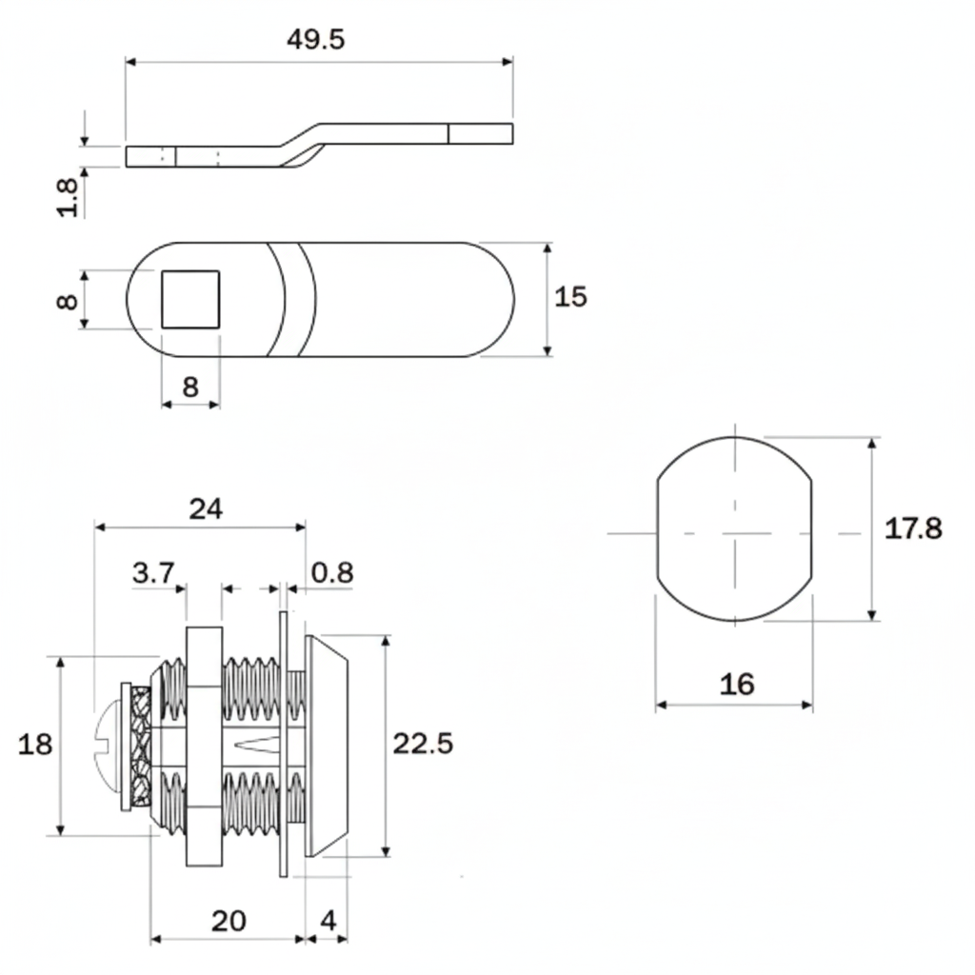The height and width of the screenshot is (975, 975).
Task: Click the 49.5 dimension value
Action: [x=315, y=40]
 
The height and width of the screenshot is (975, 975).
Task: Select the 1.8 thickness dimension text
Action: [x=68, y=195]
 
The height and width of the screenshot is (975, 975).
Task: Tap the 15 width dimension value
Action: [x=570, y=297]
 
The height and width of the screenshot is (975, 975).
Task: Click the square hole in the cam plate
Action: [x=190, y=299]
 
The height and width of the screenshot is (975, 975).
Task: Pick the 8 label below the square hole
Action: [x=190, y=387]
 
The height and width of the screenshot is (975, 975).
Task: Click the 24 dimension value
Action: [x=205, y=508]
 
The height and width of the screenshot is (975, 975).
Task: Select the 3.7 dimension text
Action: [x=153, y=573]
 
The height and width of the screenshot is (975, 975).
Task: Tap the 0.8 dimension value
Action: [x=332, y=573]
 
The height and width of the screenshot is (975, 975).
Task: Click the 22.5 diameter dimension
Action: [x=423, y=744]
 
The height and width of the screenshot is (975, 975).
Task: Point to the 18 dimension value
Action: [x=35, y=744]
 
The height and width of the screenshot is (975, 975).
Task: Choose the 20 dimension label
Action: [x=229, y=921]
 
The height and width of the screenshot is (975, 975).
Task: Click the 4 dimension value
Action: [x=328, y=921]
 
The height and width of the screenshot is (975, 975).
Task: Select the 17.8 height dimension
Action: [x=913, y=528]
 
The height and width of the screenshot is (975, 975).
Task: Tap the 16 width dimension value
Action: [x=736, y=684]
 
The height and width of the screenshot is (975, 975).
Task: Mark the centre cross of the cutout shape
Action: [x=734, y=533]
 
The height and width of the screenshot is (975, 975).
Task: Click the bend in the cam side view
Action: [x=303, y=144]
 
